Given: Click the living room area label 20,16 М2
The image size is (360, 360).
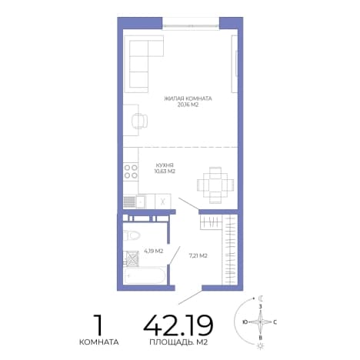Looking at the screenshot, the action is coord(188,105).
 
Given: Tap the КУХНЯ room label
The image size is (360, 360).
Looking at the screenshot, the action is coord(165,165).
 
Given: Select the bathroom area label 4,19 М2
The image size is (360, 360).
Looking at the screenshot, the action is coord(154,251).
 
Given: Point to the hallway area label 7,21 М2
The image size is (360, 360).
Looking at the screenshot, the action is coord(198,255).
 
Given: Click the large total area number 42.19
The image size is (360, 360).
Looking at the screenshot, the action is coord(178,325).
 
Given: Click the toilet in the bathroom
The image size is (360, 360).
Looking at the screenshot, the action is coord(132,235).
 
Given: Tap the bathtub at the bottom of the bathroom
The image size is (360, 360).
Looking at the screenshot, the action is coord(144,275).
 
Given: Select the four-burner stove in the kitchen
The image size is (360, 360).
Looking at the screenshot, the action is coord(131,172).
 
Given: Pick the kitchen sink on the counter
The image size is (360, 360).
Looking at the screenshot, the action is coord(141,202).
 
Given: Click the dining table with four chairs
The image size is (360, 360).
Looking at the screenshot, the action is coord(215,185).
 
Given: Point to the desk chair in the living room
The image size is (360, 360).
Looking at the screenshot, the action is coord(139,121).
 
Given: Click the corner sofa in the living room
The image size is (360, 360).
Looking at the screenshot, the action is coord(144,64).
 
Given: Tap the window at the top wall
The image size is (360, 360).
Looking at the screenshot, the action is coord(191,25).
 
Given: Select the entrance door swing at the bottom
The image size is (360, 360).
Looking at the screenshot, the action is coord(190,298).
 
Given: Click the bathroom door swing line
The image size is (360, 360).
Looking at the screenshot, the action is coord(175,255).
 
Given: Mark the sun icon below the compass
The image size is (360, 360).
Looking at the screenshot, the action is coord(260,346).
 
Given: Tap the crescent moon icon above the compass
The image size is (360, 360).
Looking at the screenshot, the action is coord(262,298).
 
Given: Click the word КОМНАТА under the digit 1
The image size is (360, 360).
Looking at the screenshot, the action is coord(99,342).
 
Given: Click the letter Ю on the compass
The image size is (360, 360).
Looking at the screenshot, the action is coord(245,322).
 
